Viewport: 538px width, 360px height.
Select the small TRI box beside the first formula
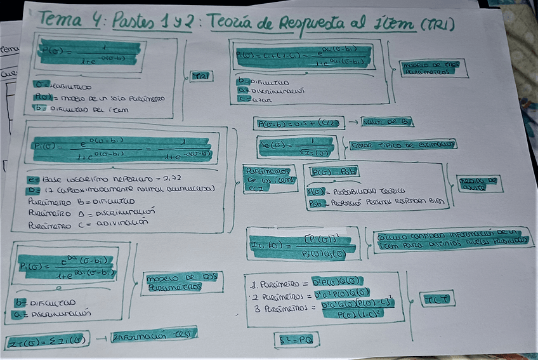coord(201,76)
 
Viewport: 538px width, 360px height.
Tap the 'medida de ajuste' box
coord(480,184)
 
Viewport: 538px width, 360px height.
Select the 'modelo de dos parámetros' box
coord(174,283)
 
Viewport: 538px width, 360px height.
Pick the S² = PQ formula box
coord(296,340)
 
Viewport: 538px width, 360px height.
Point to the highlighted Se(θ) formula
coord(296,147)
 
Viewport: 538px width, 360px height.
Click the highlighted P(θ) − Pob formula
coord(334,172)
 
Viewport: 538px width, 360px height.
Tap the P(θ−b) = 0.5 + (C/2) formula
coord(296,123)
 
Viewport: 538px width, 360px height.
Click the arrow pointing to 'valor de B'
coord(351,123)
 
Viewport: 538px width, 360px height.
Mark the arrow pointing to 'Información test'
coord(100,337)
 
